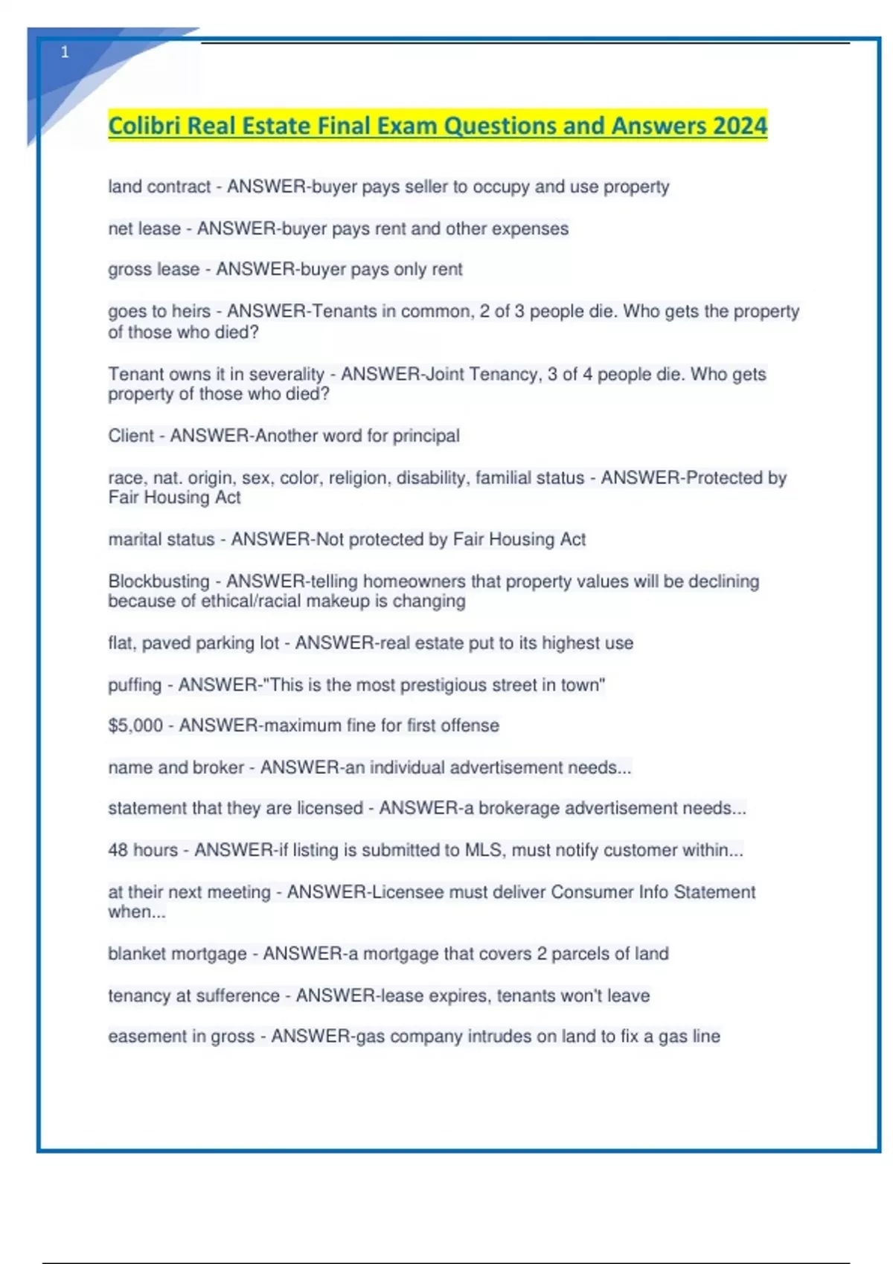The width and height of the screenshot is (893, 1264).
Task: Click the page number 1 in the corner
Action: coord(65,52)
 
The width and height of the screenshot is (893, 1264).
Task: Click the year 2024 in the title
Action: coord(739,126)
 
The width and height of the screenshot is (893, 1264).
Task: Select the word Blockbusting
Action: coord(159,581)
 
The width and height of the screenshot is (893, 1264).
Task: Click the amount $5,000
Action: coord(135,726)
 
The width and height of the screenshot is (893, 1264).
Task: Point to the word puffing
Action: coord(135,686)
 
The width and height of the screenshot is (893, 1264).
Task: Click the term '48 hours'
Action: coord(143,850)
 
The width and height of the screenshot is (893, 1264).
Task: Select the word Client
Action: coord(131,436)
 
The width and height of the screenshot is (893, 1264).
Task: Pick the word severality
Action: coord(287,374)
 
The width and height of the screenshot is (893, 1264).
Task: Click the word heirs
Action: coord(191,311)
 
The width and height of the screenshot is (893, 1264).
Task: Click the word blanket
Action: coord(138,954)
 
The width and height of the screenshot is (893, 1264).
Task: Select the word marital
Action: coord(135,540)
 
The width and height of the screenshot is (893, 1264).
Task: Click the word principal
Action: coord(426,436)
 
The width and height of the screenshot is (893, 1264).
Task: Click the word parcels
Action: coord(579,954)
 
